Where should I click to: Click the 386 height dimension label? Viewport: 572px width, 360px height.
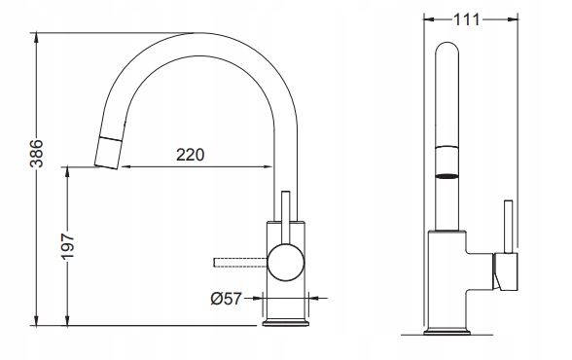[x=36, y=153]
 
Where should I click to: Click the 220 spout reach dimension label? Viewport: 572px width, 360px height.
[x=190, y=155]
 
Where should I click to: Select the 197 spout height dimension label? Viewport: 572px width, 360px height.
[x=67, y=246]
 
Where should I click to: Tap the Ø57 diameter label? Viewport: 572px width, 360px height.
[x=226, y=299]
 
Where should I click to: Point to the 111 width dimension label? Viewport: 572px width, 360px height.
[x=467, y=19]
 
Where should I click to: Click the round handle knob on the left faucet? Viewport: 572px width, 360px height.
[x=286, y=263]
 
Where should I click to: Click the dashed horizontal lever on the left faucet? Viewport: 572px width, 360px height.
[x=240, y=263]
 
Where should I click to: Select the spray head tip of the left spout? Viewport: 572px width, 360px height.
[x=108, y=153]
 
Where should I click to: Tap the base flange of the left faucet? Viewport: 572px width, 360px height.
[x=286, y=323]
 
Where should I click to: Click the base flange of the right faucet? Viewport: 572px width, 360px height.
[x=447, y=332]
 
